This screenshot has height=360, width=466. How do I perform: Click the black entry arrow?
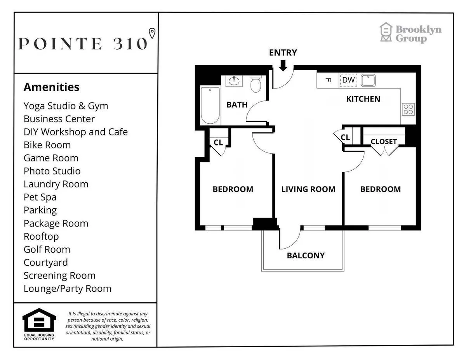tap(283, 65)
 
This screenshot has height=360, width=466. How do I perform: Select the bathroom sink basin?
tap(234, 81)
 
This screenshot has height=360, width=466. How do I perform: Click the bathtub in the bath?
tap(210, 105)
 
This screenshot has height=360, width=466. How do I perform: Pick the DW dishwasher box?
tap(348, 80)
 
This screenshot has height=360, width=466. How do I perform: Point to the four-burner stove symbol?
tap(408, 109)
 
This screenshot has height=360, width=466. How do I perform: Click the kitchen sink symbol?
tap(367, 81)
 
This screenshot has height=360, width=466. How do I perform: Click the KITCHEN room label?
tap(363, 99)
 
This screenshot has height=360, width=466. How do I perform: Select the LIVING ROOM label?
tap(308, 189)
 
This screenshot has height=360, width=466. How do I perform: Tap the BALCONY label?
tap(306, 256)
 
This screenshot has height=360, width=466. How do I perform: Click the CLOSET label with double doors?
tap(384, 142)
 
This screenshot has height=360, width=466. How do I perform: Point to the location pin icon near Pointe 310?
tap(152, 33)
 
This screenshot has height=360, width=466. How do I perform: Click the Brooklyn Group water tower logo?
tap(386, 32)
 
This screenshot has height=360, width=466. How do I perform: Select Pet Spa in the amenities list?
tap(40, 197)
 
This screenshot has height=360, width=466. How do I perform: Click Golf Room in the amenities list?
tap(47, 249)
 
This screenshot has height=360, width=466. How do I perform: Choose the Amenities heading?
tap(51, 87)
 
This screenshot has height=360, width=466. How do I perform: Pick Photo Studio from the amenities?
tap(52, 171)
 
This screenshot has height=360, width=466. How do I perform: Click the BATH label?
tap(237, 105)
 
